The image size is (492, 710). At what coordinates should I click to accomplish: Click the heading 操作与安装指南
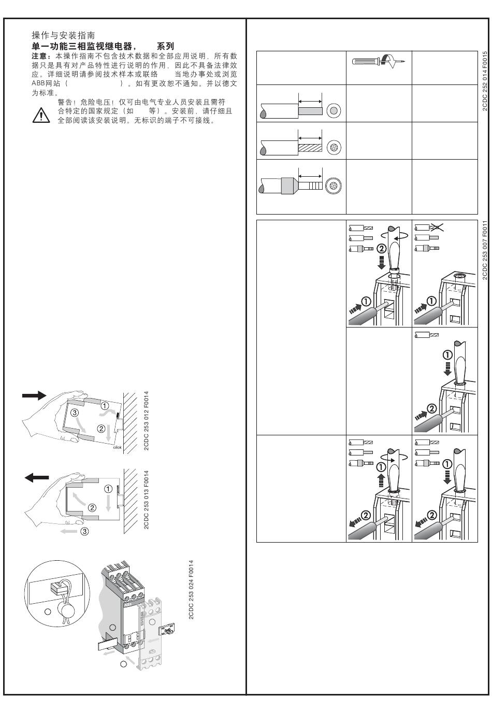tap(63, 35)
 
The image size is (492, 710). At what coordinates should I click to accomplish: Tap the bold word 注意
tap(39, 56)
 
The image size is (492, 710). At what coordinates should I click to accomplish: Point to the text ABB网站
tap(46, 83)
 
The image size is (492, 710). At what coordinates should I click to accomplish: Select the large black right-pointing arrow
tap(34, 395)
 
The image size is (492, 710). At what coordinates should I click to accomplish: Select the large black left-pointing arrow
tap(37, 477)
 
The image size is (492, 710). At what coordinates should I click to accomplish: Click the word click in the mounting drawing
tap(117, 447)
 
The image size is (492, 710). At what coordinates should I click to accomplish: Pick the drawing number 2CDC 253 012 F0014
tap(146, 421)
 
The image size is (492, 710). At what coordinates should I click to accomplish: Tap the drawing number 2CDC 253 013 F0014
tap(146, 500)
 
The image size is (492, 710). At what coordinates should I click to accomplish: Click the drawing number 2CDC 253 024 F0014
tap(191, 590)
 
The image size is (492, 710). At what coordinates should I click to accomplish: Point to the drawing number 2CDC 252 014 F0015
tap(485, 81)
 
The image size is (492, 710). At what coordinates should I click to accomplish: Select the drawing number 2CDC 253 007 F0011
tap(485, 250)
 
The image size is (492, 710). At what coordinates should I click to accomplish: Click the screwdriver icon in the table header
tap(378, 61)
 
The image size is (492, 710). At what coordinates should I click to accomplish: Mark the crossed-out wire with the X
tap(429, 228)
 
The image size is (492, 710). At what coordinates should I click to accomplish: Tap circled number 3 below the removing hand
tap(84, 531)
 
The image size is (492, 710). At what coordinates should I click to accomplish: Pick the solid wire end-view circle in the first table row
tap(334, 110)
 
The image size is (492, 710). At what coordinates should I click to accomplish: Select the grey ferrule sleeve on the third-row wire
tap(290, 186)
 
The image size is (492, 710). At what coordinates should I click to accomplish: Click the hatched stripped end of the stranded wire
tap(310, 148)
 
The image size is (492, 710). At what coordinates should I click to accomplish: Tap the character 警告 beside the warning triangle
tap(65, 102)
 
